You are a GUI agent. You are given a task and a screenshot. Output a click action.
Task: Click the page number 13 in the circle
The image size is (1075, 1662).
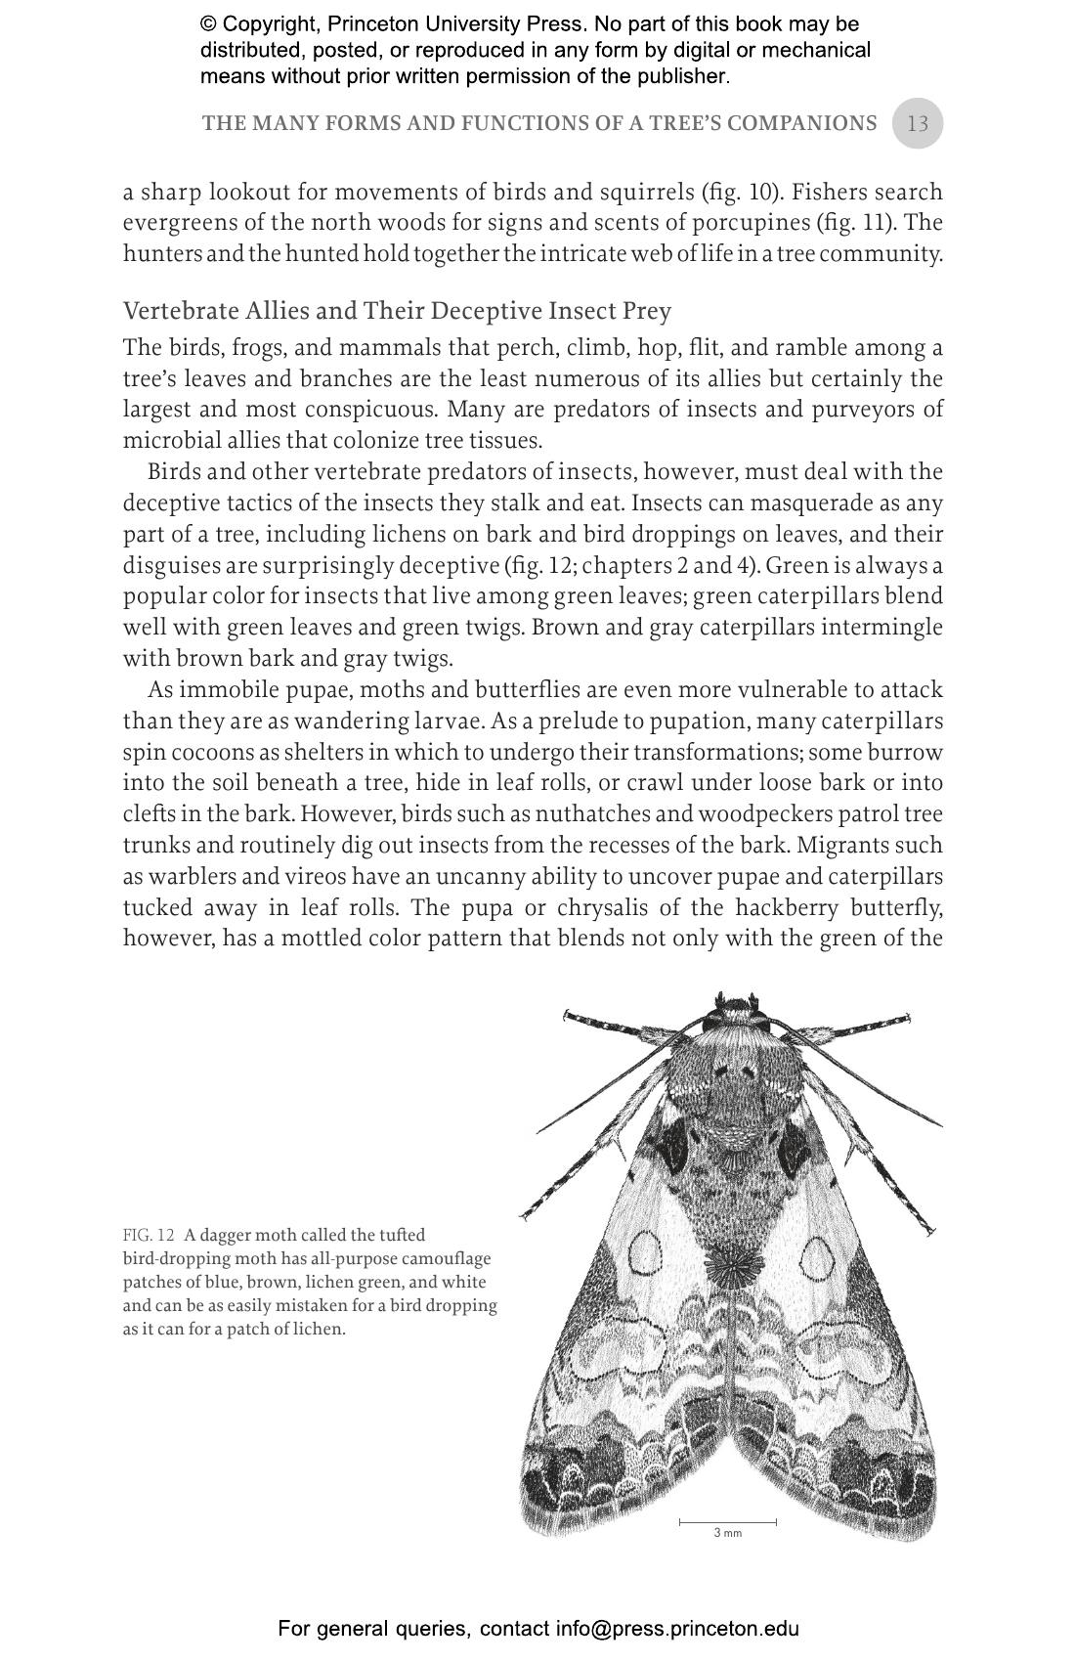click(x=917, y=124)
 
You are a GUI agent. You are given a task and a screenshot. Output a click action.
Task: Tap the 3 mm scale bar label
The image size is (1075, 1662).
click(x=727, y=1533)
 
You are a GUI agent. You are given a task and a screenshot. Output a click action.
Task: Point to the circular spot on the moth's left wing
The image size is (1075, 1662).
click(x=646, y=1251)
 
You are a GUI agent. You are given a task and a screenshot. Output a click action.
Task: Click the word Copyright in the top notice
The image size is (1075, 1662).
click(x=269, y=23)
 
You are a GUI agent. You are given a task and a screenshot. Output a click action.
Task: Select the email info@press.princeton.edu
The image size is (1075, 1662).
click(x=677, y=1629)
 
